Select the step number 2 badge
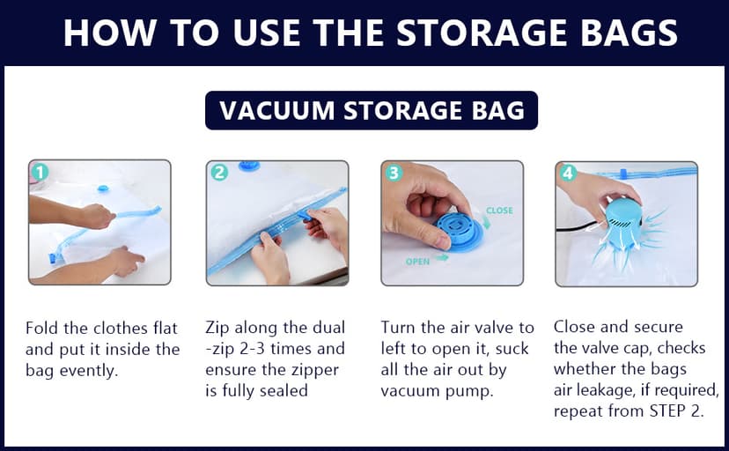tap(219, 173)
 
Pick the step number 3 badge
tap(394, 173)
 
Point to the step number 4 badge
tap(568, 173)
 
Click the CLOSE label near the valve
tap(498, 211)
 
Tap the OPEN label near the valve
tap(417, 262)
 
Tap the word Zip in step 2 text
tap(219, 329)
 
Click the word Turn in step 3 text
tap(400, 329)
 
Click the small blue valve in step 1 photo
tap(103, 187)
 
